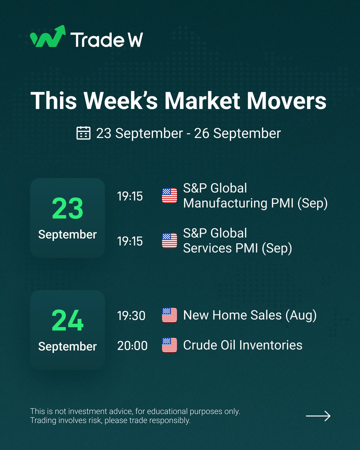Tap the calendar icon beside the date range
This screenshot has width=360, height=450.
83,133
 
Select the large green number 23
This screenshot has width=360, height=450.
67,208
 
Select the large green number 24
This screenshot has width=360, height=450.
67,320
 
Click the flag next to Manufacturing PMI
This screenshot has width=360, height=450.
169,196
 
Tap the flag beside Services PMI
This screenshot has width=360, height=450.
169,241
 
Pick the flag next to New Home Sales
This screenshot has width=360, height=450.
169,315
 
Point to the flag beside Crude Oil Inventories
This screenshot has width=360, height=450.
169,345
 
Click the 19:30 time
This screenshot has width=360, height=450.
131,316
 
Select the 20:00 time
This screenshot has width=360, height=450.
132,345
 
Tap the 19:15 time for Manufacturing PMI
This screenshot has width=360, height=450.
130,196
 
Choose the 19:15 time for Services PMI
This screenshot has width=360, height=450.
130,241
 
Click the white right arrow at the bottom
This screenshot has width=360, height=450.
318,416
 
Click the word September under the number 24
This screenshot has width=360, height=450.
67,346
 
